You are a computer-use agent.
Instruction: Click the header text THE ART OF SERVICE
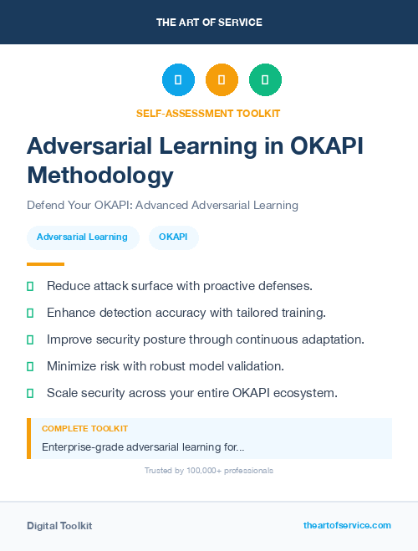209,23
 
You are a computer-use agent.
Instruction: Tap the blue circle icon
178,80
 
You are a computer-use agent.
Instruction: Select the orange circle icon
222,80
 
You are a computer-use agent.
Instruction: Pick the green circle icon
265,80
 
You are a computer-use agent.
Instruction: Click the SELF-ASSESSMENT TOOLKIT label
208,113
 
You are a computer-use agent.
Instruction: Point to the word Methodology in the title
100,176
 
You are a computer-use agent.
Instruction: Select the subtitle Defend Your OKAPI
162,205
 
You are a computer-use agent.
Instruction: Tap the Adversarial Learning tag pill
82,237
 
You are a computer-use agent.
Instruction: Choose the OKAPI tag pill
173,237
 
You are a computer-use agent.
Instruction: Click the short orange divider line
45,264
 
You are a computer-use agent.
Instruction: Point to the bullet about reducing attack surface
179,286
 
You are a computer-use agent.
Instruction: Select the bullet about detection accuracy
186,313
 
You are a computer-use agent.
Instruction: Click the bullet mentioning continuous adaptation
205,339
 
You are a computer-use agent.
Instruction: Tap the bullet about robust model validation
166,366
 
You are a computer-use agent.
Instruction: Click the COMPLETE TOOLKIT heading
79,429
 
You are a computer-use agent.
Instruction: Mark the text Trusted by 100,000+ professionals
209,471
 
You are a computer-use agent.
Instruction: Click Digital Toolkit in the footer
59,526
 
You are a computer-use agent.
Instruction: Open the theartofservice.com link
347,525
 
